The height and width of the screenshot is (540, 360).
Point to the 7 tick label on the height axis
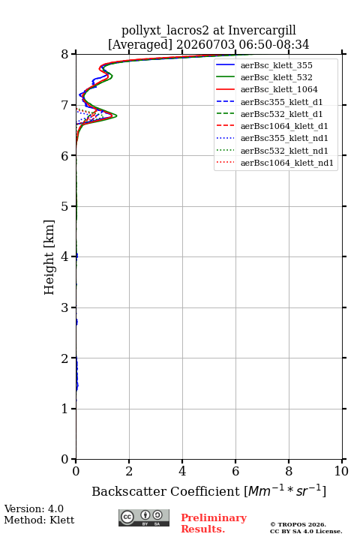[x=64, y=105]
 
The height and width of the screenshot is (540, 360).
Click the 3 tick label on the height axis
[x=64, y=307]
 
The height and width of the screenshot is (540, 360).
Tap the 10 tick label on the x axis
[x=341, y=471]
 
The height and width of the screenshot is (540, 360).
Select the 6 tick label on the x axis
[x=235, y=471]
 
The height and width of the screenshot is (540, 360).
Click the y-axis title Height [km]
[x=49, y=257]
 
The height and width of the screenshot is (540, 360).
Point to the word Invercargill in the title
[x=262, y=31]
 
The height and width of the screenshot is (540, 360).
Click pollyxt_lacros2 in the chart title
[x=165, y=31]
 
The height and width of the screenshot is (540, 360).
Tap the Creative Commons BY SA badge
[x=144, y=517]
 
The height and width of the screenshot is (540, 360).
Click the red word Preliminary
[x=214, y=518]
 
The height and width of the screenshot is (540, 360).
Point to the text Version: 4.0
[x=34, y=508]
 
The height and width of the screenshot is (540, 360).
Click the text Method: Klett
[x=39, y=520]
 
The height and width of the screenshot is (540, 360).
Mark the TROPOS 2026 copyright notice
[x=298, y=524]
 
